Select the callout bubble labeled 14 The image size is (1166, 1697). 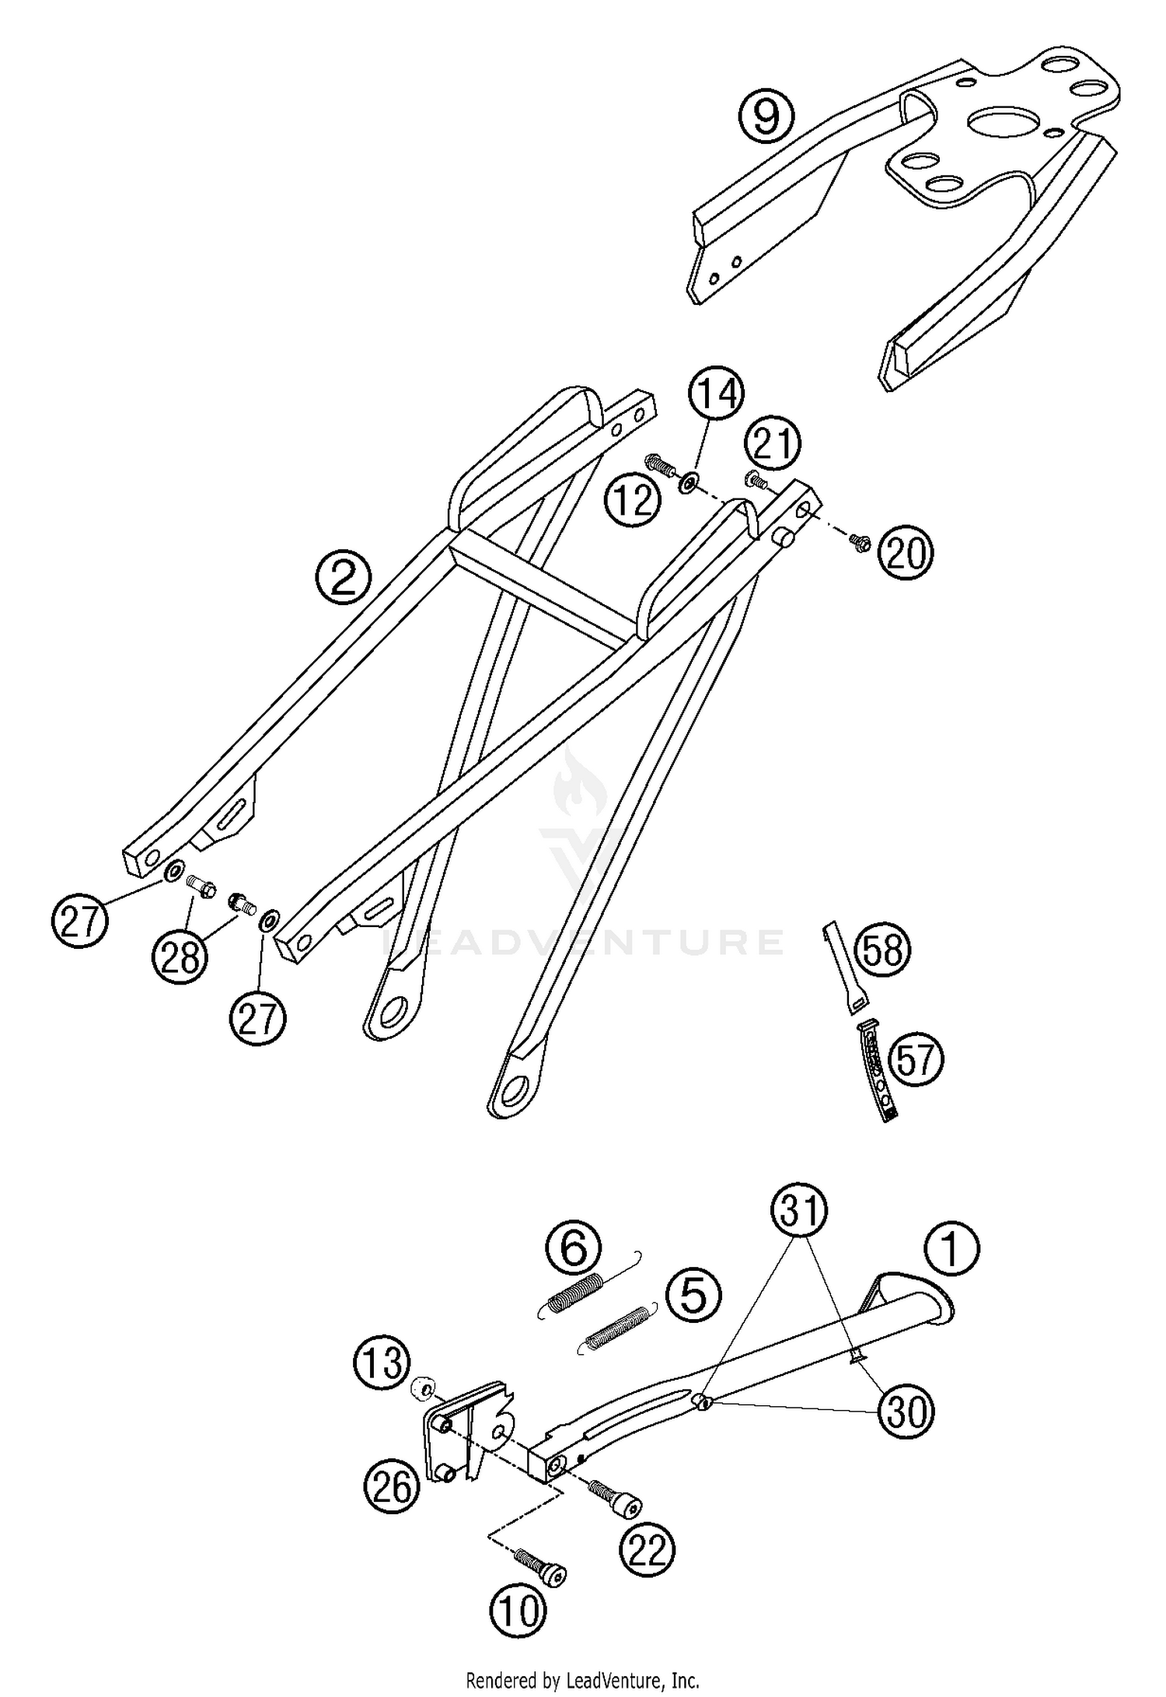(x=716, y=395)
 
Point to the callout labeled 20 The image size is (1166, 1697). (x=906, y=555)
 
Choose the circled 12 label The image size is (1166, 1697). (x=634, y=500)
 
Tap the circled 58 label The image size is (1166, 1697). (x=882, y=950)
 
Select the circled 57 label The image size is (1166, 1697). (x=915, y=1061)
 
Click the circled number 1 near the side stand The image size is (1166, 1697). (x=951, y=1248)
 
